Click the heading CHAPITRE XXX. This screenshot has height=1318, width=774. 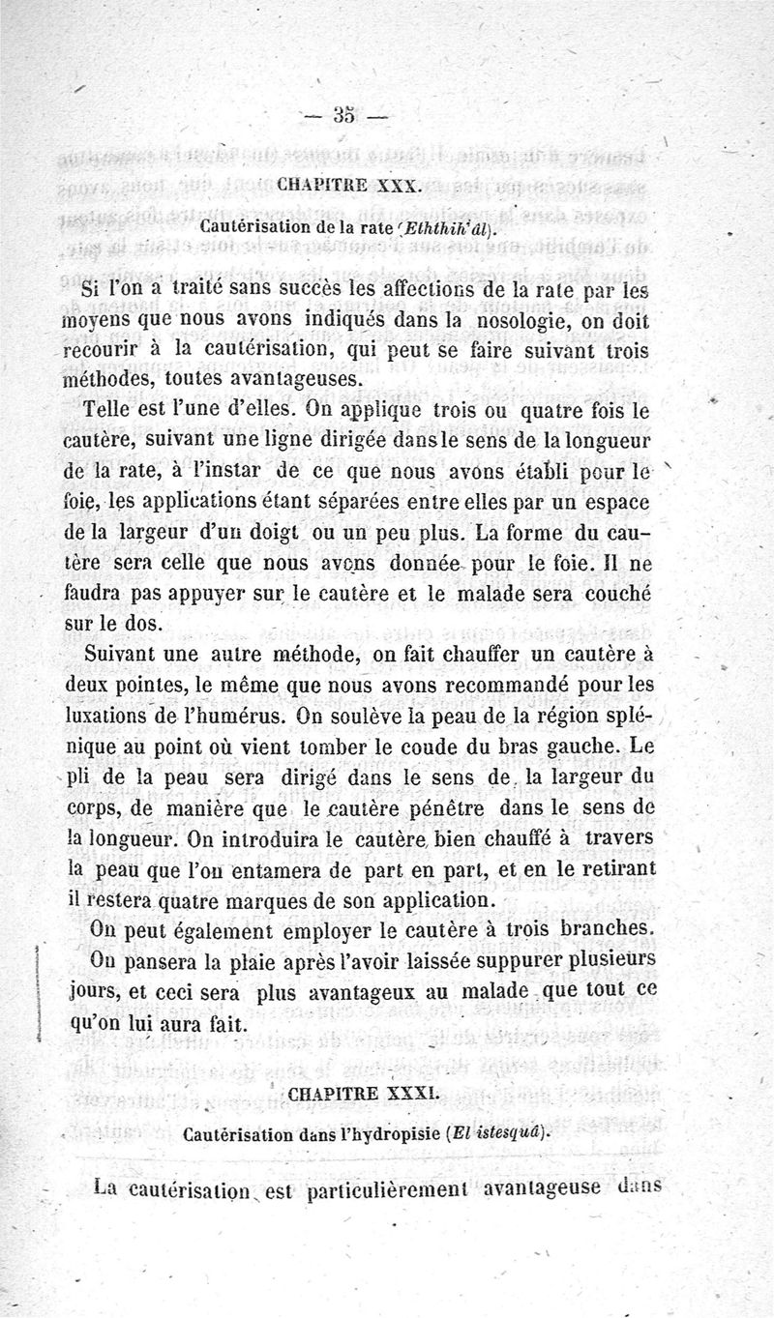point(348,183)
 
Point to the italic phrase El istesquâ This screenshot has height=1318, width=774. point(508,1134)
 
